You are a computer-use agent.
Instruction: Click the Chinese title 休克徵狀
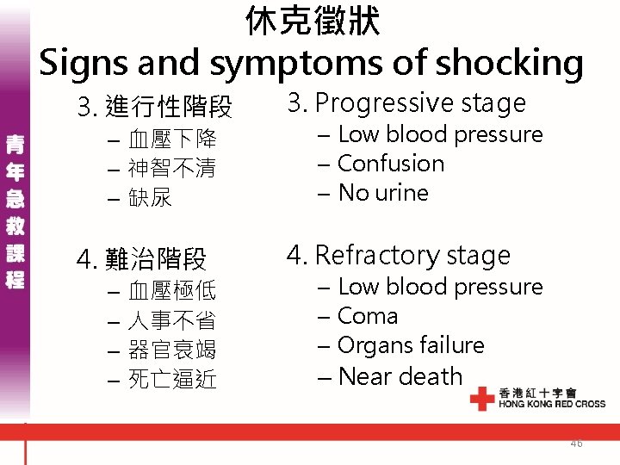point(312,22)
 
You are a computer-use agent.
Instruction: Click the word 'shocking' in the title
point(510,63)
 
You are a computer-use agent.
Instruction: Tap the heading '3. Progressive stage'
point(406,103)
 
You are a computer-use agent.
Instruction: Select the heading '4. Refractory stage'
point(399,255)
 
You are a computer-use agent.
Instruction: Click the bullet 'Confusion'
point(391,164)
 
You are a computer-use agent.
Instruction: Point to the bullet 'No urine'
point(383,193)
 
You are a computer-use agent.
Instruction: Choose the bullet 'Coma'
point(368,316)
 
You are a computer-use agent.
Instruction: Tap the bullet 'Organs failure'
point(411,345)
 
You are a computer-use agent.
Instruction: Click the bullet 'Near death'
point(400,376)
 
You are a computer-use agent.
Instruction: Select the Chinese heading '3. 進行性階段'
point(155,108)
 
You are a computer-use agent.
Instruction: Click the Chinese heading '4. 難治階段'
point(142,258)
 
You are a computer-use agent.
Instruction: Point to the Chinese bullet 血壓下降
point(172,139)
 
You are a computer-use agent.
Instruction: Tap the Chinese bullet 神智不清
point(172,168)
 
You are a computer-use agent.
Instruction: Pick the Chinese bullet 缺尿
point(151,197)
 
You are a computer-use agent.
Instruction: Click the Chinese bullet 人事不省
point(172,321)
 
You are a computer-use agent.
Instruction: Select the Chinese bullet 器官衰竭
point(172,350)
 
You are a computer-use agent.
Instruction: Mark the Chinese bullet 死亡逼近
point(172,379)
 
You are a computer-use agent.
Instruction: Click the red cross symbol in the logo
point(482,398)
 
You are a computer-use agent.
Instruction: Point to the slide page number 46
point(576,443)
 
